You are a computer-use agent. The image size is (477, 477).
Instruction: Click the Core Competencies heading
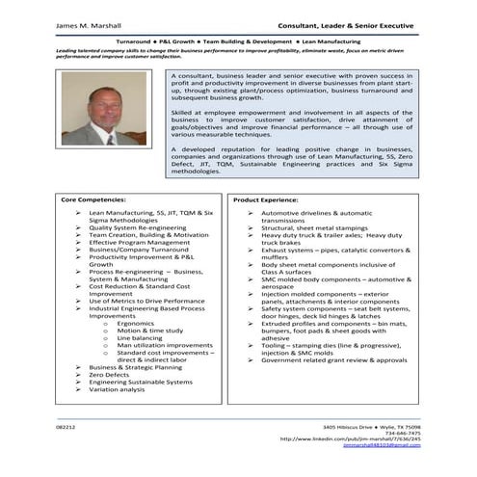point(94,199)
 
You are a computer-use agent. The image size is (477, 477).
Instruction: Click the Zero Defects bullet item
point(109,375)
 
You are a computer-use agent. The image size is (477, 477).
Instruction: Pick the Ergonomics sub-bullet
point(136,323)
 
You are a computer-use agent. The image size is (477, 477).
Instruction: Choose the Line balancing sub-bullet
point(140,338)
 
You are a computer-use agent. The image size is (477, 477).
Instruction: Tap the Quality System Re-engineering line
point(136,227)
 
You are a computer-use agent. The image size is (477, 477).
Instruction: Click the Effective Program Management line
point(139,242)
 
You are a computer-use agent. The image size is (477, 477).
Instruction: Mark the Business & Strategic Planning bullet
point(135,367)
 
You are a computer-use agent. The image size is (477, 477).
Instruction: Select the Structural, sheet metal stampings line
point(315,227)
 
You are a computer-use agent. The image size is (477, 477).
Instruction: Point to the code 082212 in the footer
point(66,426)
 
